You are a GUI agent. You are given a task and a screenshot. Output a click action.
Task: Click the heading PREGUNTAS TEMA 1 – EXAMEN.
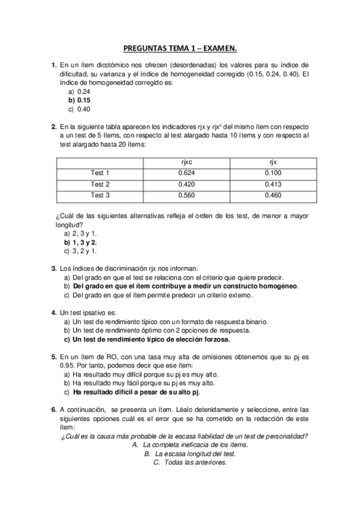[180, 47]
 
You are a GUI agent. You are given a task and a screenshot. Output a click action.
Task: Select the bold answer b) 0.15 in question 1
[79, 100]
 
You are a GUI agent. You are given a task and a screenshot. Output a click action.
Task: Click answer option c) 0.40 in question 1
[79, 109]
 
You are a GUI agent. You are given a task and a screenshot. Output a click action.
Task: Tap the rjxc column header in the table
[186, 162]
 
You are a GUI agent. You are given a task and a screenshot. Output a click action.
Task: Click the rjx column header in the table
[272, 162]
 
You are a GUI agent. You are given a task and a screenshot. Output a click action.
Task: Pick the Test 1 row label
[100, 173]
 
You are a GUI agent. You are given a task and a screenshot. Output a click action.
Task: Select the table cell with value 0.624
[186, 173]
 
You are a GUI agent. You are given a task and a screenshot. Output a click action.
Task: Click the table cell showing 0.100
[272, 173]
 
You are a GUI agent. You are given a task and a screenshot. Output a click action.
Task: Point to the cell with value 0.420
[186, 184]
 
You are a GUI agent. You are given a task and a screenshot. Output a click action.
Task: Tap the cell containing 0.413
[272, 184]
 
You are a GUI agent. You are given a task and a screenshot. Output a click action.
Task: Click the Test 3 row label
[100, 195]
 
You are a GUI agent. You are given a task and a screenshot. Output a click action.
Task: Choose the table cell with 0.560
[186, 195]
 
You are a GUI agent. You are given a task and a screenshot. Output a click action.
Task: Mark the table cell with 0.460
[272, 195]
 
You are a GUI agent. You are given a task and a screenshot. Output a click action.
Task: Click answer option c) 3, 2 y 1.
[84, 251]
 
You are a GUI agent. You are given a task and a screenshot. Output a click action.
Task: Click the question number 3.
[54, 269]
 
